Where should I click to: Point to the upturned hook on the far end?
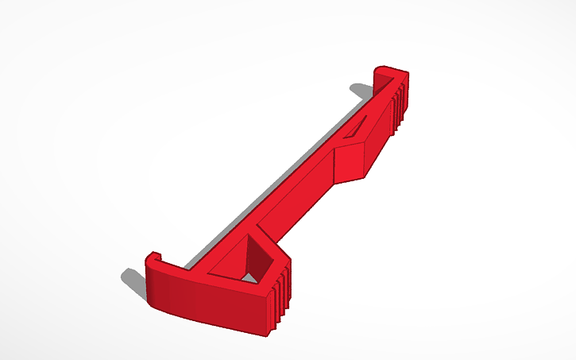coord(389,72)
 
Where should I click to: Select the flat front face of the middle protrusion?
coord(348,162)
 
